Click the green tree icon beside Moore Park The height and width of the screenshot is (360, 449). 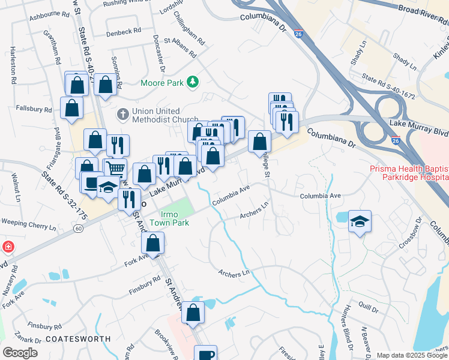click(192, 82)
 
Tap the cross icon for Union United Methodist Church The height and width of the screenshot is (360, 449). click(122, 113)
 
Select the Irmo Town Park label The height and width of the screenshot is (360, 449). click(174, 219)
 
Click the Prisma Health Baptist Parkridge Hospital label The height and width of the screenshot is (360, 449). click(409, 173)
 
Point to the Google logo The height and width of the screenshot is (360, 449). click(20, 352)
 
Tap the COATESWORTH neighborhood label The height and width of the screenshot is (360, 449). click(78, 339)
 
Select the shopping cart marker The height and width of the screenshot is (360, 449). click(115, 169)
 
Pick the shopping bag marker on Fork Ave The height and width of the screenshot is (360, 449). click(153, 243)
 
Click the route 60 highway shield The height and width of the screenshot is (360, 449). click(79, 229)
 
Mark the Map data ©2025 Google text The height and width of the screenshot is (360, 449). click(411, 355)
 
